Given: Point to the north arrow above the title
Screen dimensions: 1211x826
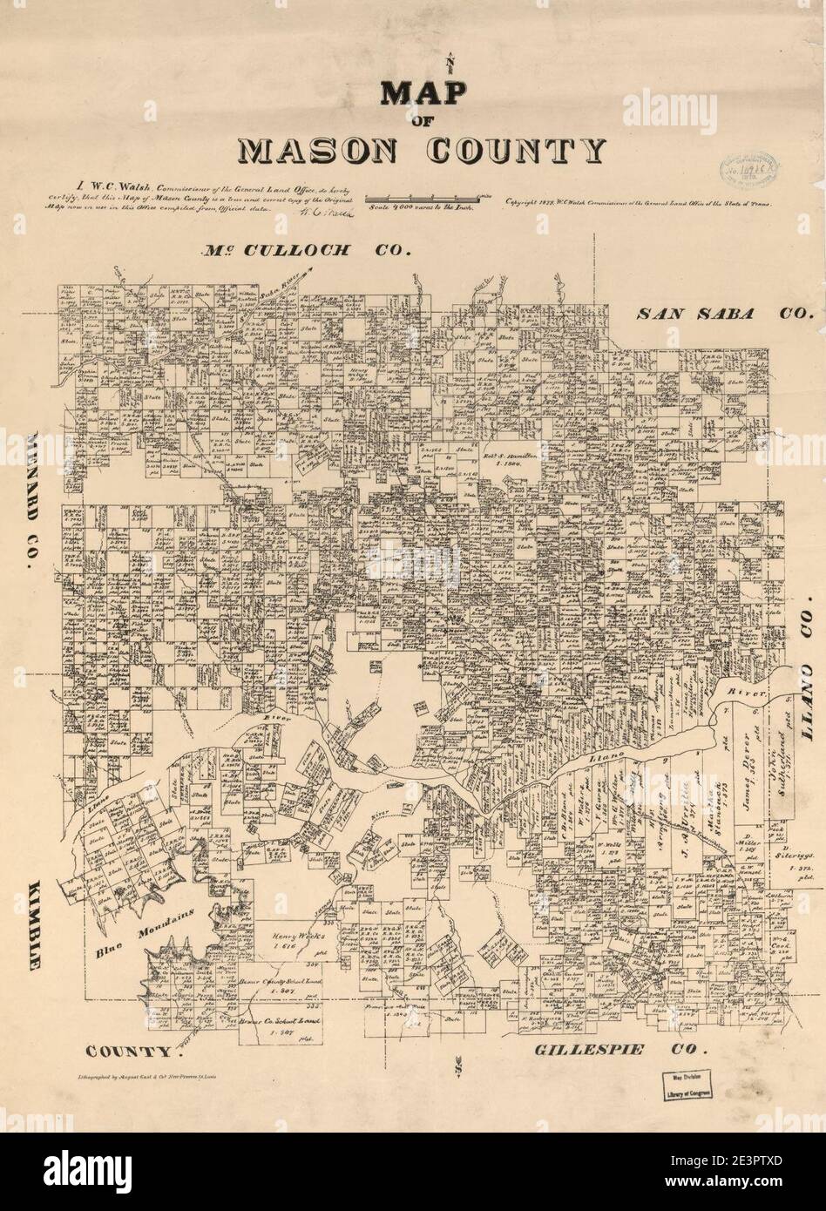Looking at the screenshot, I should pos(450,62).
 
